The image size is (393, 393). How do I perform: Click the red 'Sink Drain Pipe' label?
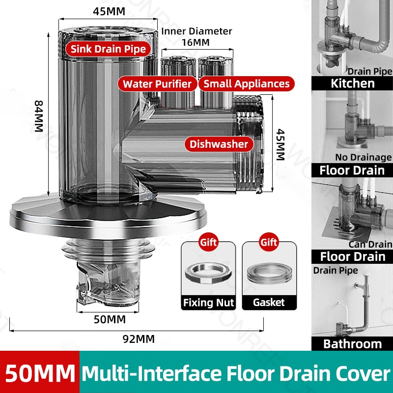tap(108, 49)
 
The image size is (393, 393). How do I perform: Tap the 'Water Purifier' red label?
tap(157, 84)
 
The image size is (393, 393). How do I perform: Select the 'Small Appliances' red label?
tap(246, 84)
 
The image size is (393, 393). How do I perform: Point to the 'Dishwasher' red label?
tap(219, 144)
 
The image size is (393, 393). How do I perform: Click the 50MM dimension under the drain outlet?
tap(110, 319)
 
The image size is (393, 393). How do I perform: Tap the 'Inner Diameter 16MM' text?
tap(196, 37)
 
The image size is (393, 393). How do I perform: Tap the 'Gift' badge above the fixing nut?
tap(208, 242)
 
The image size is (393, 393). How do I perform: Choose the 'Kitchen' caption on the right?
tap(352, 83)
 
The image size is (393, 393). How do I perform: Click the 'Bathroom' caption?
tap(352, 343)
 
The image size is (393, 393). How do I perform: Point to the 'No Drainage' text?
tap(364, 157)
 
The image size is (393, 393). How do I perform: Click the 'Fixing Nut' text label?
tap(208, 303)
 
